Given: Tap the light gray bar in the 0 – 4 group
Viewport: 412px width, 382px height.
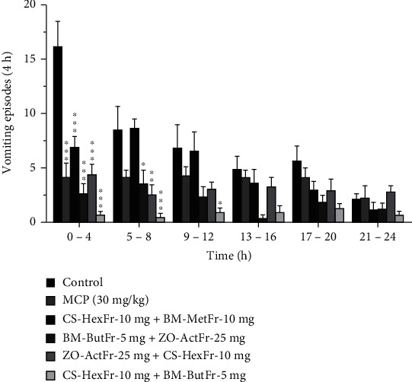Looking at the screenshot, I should tap(101, 218).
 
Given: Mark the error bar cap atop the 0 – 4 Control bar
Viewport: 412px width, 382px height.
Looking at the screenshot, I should tap(58, 21).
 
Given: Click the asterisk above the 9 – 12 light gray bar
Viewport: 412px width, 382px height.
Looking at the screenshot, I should tap(219, 203).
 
